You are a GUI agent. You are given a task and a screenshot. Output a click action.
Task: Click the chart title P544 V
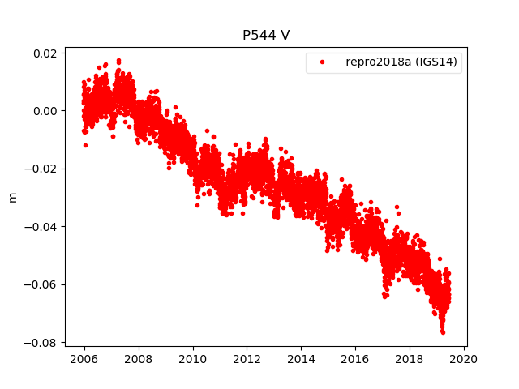point(265,36)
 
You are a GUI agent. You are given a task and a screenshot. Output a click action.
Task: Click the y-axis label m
point(12,197)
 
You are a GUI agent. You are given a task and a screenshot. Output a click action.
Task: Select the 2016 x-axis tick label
point(355,359)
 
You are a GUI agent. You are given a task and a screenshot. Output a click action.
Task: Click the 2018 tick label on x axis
point(410,359)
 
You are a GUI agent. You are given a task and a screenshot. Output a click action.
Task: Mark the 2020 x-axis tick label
point(464,359)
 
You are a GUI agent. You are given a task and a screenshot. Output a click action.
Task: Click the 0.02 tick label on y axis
point(44,53)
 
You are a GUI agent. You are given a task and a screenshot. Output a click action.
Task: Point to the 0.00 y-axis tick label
point(44,111)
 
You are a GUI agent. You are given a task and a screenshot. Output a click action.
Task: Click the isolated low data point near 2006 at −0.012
point(85,145)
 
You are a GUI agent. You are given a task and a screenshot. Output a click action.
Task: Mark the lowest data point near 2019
point(443,332)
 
